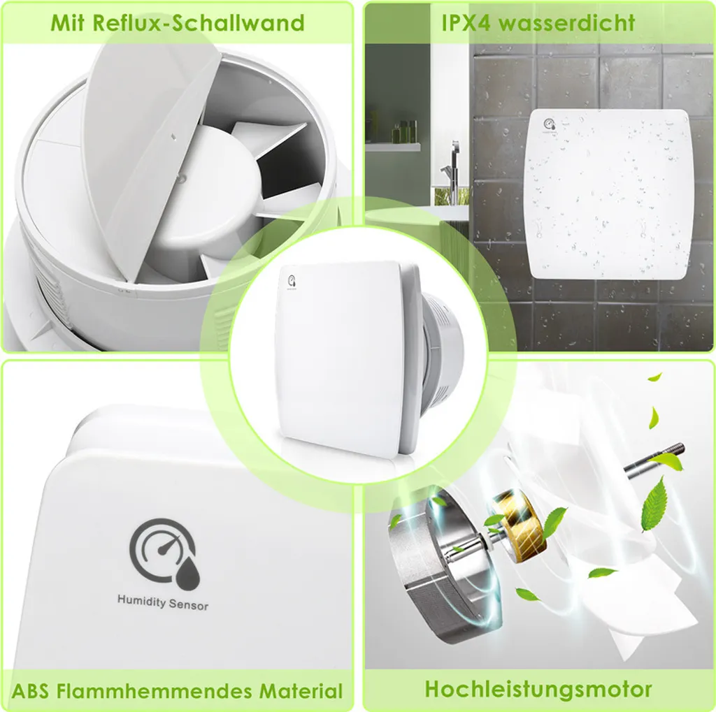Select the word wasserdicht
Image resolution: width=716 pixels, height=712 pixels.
point(571,22)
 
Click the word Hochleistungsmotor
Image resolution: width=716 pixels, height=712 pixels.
point(538,688)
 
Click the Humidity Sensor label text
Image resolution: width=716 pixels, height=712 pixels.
point(162,602)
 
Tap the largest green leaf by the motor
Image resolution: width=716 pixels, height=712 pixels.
point(654,502)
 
